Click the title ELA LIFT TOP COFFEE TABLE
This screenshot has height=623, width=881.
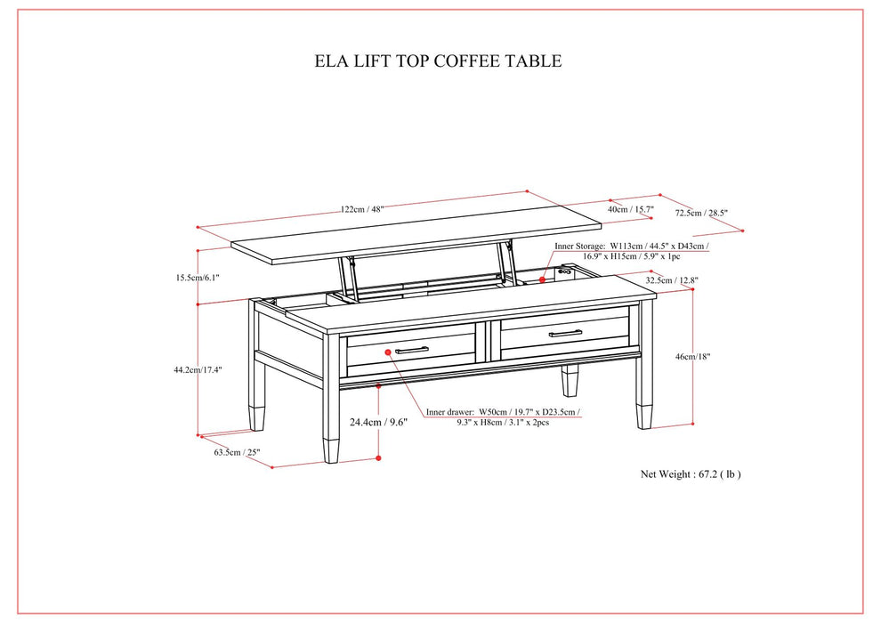coord(438,61)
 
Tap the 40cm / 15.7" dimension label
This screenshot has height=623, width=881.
coord(630,210)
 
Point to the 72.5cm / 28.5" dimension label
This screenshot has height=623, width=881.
coord(701,213)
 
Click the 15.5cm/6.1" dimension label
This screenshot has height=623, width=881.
coord(198,278)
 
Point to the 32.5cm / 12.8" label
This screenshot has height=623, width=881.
coord(673,280)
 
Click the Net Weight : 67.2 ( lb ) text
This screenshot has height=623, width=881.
coord(691,474)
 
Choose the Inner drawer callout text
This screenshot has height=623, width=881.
coord(503,417)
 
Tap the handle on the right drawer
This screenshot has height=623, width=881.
coord(565,334)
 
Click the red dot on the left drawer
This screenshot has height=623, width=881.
coord(389,352)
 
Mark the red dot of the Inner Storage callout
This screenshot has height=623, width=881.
coord(542,279)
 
